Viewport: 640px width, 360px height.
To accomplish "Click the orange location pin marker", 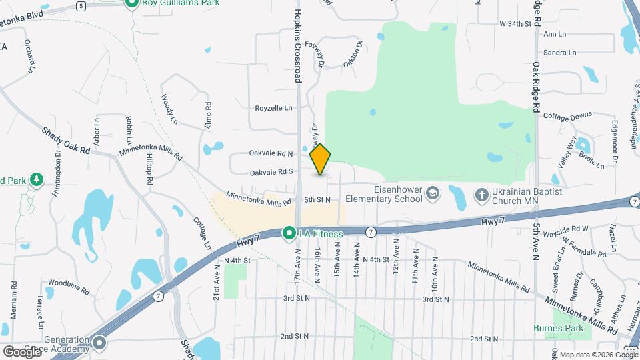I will click(321, 159).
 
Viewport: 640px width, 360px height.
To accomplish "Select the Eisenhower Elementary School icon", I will click(433, 193).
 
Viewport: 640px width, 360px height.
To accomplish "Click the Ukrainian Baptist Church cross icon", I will click(481, 195).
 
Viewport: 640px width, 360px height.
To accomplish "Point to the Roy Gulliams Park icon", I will click(132, 3).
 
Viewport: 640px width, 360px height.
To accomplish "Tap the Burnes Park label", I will click(558, 328).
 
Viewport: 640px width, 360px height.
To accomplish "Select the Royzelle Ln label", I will click(273, 108).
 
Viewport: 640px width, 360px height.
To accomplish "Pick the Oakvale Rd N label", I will click(271, 153).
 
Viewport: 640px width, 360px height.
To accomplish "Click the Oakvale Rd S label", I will click(271, 172).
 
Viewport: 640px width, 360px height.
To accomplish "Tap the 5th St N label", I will click(317, 199).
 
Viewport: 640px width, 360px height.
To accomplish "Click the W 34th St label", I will click(515, 23).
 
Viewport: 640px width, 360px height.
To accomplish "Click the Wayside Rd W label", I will click(566, 229).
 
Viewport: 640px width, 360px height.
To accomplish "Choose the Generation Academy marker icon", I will click(100, 344).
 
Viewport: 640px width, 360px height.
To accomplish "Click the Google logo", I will click(22, 351).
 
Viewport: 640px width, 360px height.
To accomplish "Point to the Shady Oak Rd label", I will click(66, 141).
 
